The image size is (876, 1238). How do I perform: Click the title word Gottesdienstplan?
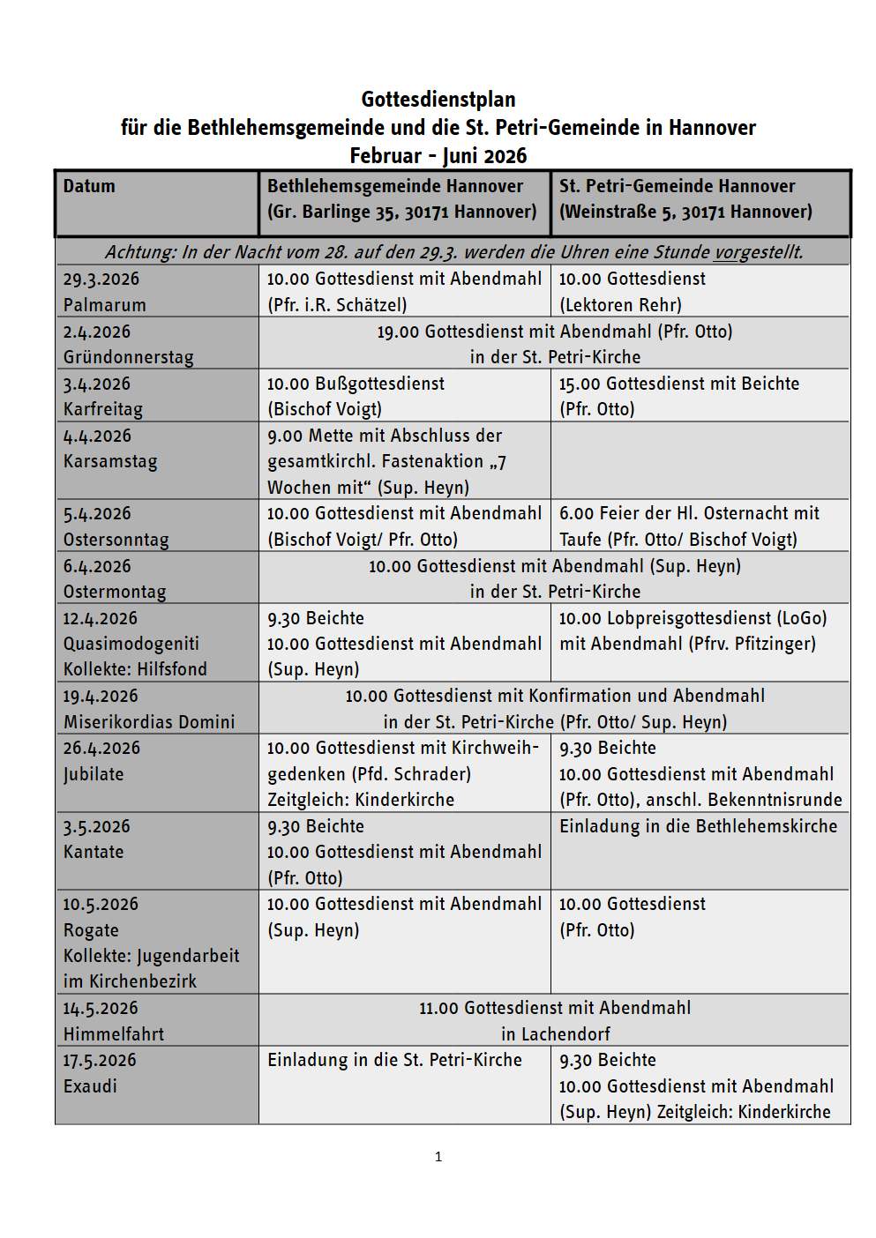[x=438, y=100]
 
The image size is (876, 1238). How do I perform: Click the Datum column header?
[x=89, y=186]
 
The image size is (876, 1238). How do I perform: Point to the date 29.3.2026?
[x=101, y=280]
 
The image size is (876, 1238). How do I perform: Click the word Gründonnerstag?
[x=128, y=357]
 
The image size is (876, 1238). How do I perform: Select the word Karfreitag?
[x=102, y=409]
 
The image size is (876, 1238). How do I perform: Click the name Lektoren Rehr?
[x=620, y=305]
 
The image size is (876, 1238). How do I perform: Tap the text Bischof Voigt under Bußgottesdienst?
[x=325, y=409]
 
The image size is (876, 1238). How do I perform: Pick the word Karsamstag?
[x=109, y=461]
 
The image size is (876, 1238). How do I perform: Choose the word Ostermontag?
[x=115, y=592]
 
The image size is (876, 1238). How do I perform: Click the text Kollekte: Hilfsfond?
[x=135, y=669]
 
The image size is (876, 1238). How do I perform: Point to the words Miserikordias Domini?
[x=149, y=722]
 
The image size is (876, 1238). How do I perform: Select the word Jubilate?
[x=94, y=774]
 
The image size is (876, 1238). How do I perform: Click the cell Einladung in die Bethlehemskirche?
[x=698, y=826]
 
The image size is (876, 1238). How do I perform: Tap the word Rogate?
[x=91, y=930]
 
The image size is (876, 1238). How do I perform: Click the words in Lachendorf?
[x=555, y=1034]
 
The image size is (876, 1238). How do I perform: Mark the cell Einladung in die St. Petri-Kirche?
[x=394, y=1060]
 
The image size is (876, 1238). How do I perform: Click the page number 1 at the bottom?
[x=438, y=1157]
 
